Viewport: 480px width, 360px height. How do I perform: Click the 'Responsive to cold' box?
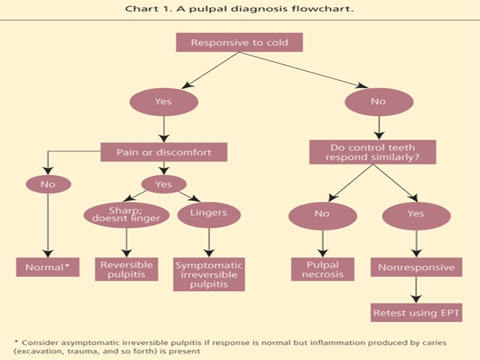pos(239,42)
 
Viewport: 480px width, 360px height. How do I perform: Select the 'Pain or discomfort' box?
pos(164,152)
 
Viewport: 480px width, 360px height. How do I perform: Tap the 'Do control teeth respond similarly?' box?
pos(372,152)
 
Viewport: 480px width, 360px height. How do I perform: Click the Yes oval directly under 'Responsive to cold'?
pos(164,102)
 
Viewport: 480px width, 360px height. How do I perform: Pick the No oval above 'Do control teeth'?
pos(379,102)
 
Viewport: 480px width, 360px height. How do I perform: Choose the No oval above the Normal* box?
pos(48,184)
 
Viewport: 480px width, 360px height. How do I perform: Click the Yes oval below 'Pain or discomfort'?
pos(164,184)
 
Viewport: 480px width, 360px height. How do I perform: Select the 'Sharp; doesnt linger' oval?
pos(126,215)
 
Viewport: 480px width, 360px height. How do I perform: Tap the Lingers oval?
pos(209,215)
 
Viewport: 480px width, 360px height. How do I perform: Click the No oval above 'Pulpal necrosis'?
pos(322,216)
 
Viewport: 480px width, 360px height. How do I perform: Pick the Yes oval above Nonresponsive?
pos(416,216)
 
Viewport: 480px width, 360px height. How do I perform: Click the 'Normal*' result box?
pos(48,267)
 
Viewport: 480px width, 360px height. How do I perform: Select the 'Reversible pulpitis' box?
pos(126,269)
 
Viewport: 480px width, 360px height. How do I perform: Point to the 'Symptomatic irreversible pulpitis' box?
pos(209,274)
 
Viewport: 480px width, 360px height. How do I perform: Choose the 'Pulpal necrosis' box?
pos(322,269)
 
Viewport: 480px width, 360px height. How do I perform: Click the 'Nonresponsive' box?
pos(416,267)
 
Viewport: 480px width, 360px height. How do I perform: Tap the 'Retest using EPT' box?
pos(416,312)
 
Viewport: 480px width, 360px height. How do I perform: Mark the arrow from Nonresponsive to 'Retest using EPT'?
pos(416,290)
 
